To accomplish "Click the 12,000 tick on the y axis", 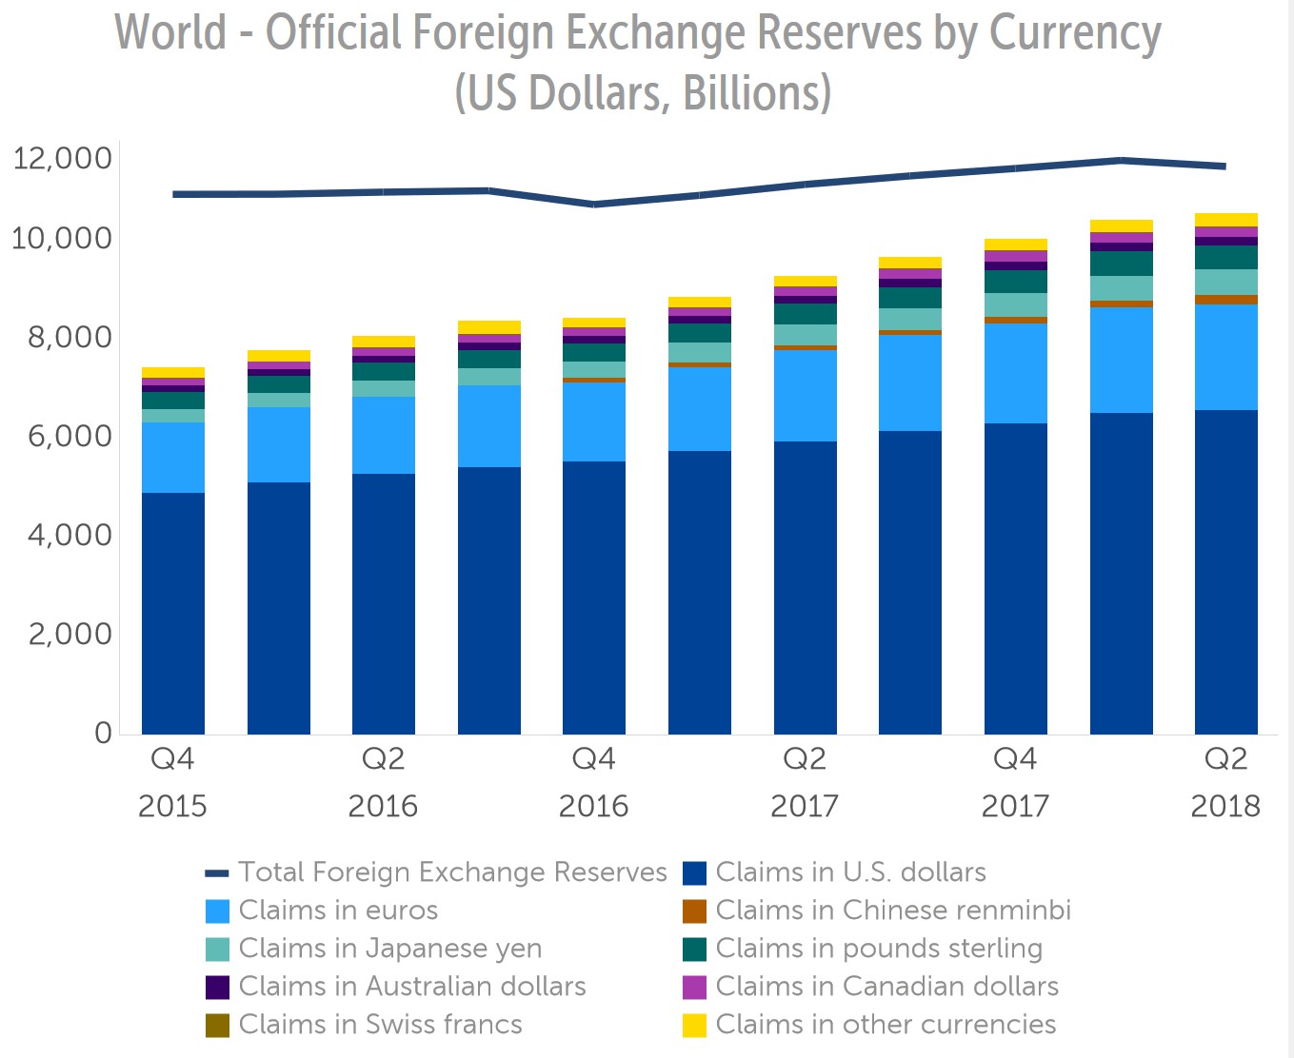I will coord(62,158).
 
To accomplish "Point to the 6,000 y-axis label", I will coord(62,437).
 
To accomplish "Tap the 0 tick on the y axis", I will coord(103,734).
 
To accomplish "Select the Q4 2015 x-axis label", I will coord(172,782).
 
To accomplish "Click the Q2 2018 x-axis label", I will coord(1225,782).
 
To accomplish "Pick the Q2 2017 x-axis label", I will coord(805,782).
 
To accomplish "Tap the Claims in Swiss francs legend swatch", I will coord(218,1026).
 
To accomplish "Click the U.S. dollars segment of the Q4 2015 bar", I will coord(173,614).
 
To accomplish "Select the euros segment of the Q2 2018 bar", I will coord(1225,358).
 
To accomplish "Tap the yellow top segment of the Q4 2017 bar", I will coord(1015,245).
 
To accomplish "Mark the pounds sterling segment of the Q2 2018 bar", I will coord(1225,258).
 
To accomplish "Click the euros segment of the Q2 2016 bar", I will coord(384,435).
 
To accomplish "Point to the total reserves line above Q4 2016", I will coord(594,204).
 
